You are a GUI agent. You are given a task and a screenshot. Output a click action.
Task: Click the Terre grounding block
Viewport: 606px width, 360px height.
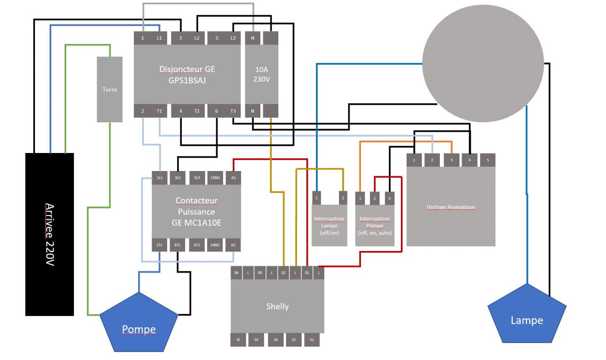pyautogui.click(x=109, y=89)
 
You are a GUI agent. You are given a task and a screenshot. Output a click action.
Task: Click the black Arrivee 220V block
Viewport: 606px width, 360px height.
pyautogui.click(x=49, y=234)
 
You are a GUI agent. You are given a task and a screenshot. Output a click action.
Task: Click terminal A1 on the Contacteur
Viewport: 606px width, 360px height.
pyautogui.click(x=233, y=177)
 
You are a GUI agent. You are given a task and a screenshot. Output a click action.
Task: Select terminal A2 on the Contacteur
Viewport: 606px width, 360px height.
pyautogui.click(x=233, y=245)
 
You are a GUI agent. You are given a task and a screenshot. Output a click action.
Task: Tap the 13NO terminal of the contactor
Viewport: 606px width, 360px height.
pyautogui.click(x=215, y=177)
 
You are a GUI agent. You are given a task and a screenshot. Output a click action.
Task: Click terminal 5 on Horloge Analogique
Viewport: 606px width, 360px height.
pyautogui.click(x=488, y=160)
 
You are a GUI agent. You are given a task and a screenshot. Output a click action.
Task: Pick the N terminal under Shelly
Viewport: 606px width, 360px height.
pyautogui.click(x=238, y=339)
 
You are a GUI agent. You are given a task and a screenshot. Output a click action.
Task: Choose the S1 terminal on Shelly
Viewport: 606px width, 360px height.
pyautogui.click(x=312, y=339)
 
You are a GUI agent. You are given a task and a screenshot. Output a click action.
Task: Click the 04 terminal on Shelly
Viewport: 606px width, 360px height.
pyautogui.click(x=236, y=273)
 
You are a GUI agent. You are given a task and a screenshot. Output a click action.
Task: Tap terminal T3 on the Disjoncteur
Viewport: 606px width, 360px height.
pyautogui.click(x=233, y=110)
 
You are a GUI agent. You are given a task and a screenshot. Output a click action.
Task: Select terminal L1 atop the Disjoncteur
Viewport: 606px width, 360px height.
pyautogui.click(x=159, y=37)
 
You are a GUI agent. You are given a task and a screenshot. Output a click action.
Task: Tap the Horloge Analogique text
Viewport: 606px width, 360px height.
pyautogui.click(x=451, y=207)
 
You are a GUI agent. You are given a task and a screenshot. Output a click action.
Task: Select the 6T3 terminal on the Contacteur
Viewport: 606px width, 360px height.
pyautogui.click(x=196, y=245)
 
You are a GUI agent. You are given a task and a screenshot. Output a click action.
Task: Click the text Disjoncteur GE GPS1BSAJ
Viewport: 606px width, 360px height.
pyautogui.click(x=187, y=74)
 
